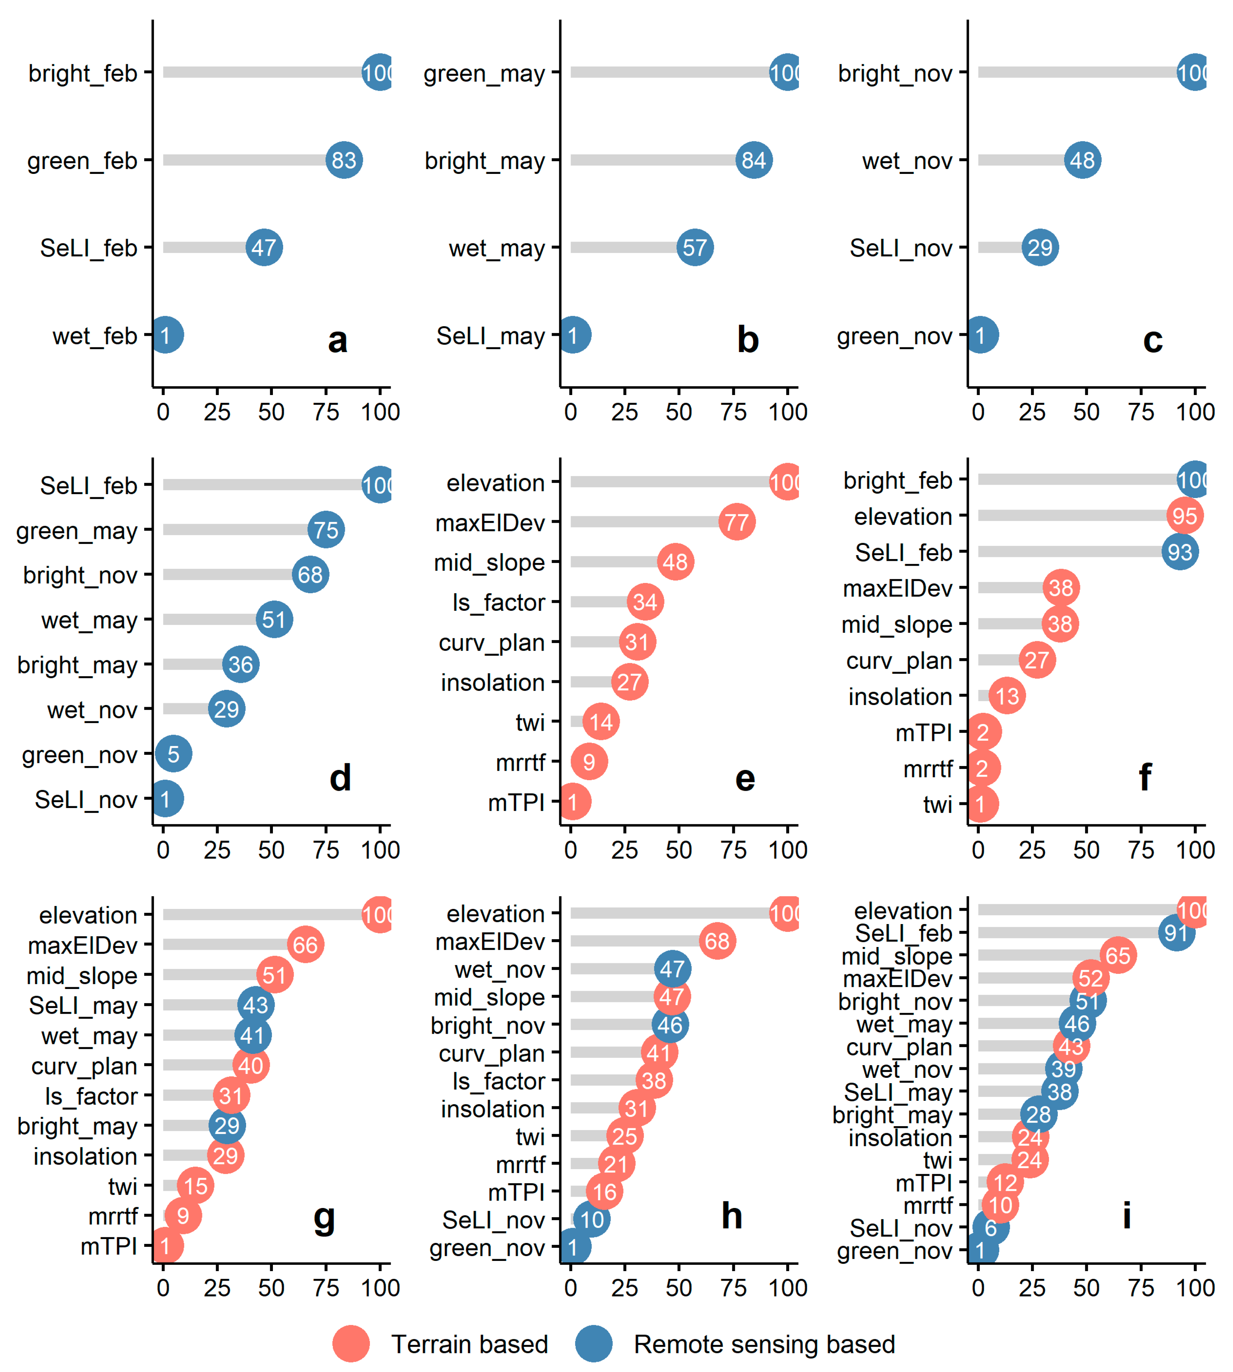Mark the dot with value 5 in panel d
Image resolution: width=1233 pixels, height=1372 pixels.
pyautogui.click(x=173, y=754)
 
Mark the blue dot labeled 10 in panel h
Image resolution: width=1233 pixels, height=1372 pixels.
pyautogui.click(x=591, y=1220)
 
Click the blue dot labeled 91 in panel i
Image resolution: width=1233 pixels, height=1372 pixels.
pyautogui.click(x=1176, y=933)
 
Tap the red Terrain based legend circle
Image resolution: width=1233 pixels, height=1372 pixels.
pyautogui.click(x=351, y=1344)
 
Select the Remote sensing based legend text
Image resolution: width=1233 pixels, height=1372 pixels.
pyautogui.click(x=764, y=1344)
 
